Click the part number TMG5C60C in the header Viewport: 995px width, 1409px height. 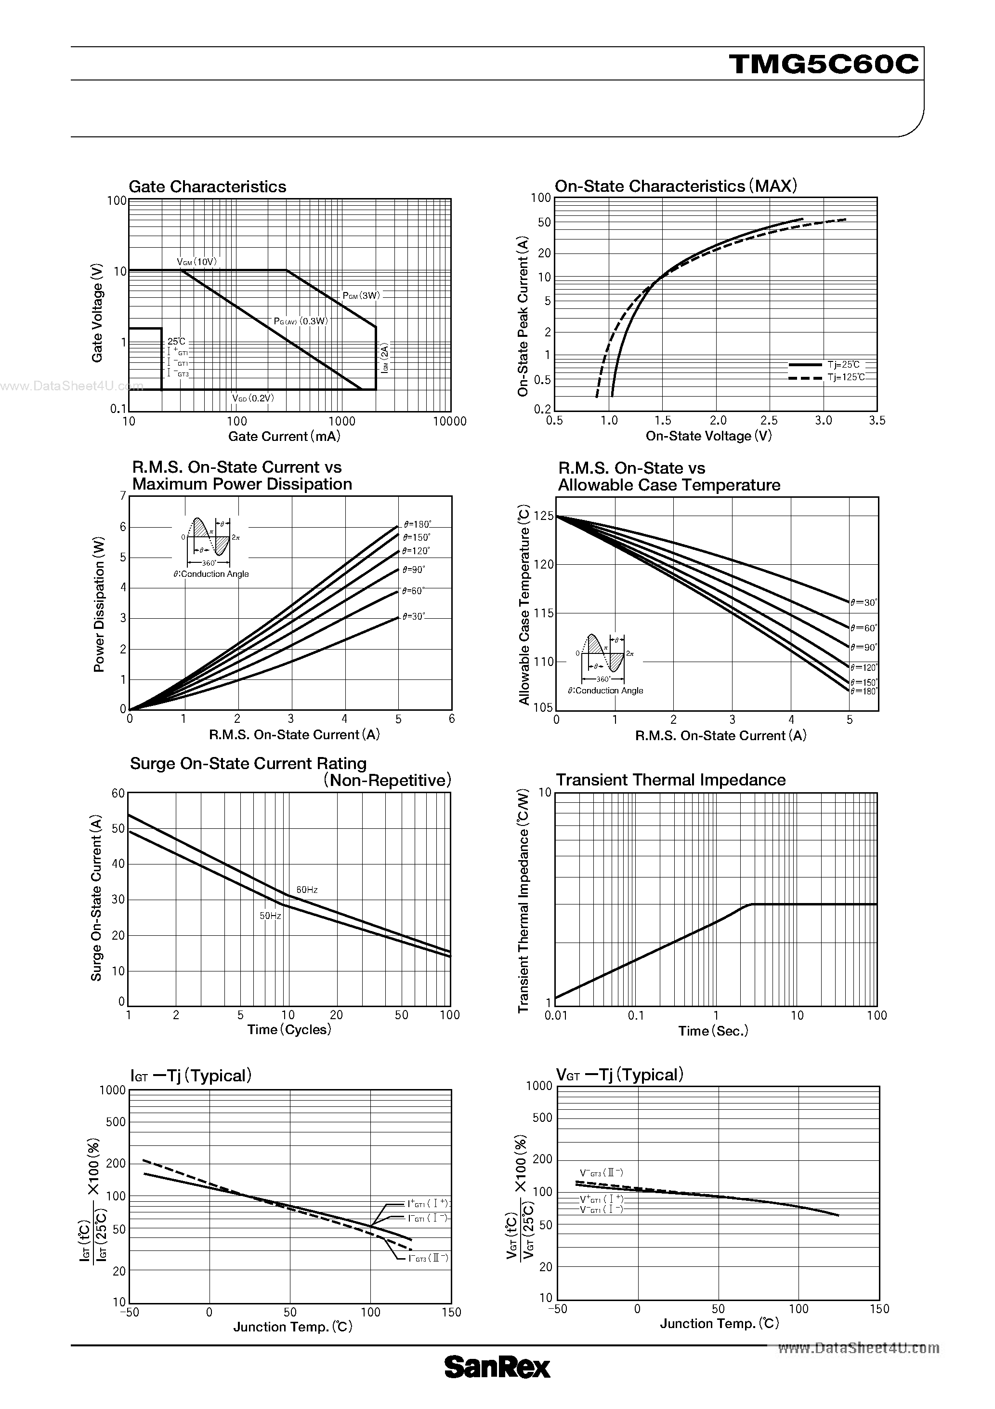[x=824, y=64]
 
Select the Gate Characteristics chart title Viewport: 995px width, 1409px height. [x=208, y=186]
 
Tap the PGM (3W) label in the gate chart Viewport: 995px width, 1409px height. [x=361, y=295]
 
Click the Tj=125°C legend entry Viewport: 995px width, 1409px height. [x=846, y=377]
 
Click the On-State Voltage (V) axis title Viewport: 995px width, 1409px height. [x=708, y=436]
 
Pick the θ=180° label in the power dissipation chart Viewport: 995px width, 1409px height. [x=417, y=525]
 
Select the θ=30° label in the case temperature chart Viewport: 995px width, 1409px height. [x=864, y=603]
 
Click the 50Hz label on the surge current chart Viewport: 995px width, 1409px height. [x=270, y=916]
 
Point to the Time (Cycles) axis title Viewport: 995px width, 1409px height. [x=289, y=1030]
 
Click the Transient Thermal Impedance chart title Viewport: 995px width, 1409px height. [x=670, y=780]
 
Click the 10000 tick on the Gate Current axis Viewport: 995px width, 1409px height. [x=450, y=421]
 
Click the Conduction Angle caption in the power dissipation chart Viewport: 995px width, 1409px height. [x=211, y=574]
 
